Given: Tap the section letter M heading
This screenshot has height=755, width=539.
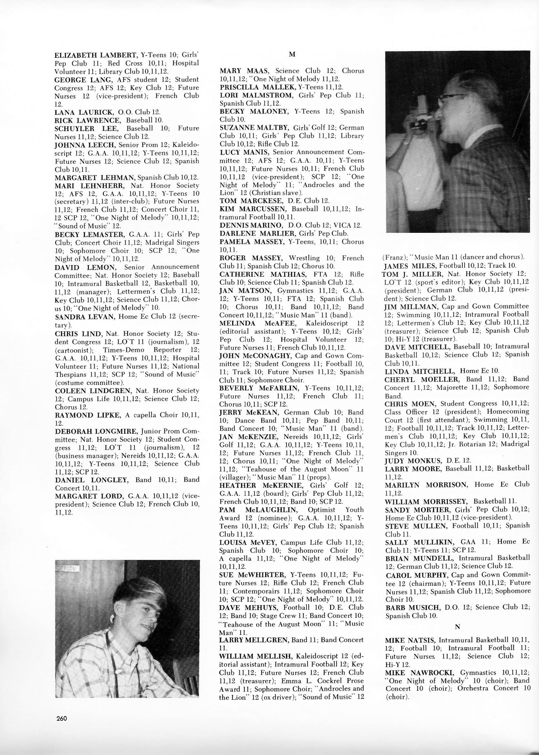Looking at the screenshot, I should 292,55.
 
